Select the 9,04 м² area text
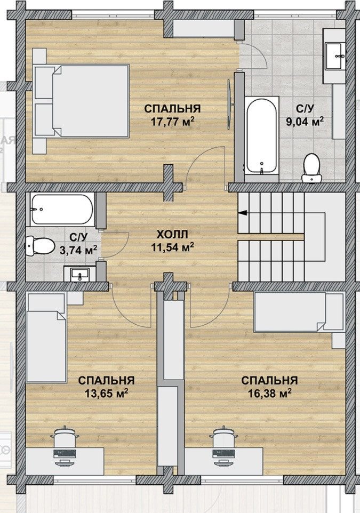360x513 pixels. click(x=305, y=122)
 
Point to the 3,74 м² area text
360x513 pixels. click(x=78, y=250)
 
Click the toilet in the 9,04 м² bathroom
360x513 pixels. click(x=312, y=169)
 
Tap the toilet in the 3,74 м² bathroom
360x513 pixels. click(x=40, y=246)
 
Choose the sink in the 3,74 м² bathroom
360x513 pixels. click(x=80, y=274)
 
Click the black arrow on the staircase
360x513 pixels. click(x=243, y=213)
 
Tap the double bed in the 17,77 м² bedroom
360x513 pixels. click(x=81, y=100)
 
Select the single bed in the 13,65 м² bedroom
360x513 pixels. click(x=46, y=338)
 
